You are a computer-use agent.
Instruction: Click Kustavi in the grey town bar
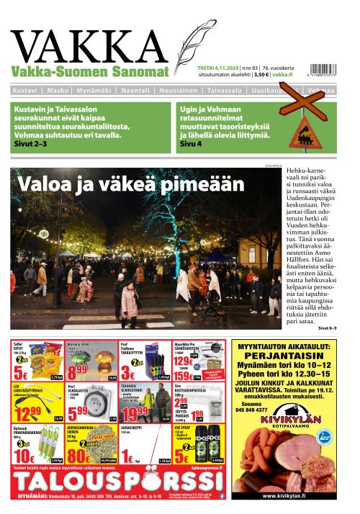tap(27, 91)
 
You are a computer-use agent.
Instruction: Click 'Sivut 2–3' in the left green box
tap(30, 144)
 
